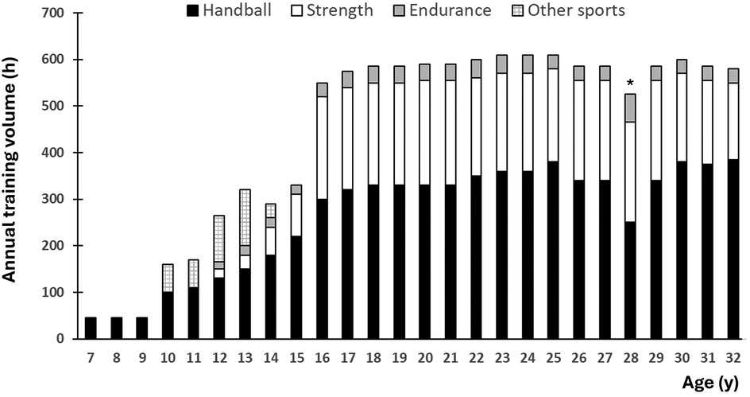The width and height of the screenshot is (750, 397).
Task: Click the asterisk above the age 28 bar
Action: (629, 84)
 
